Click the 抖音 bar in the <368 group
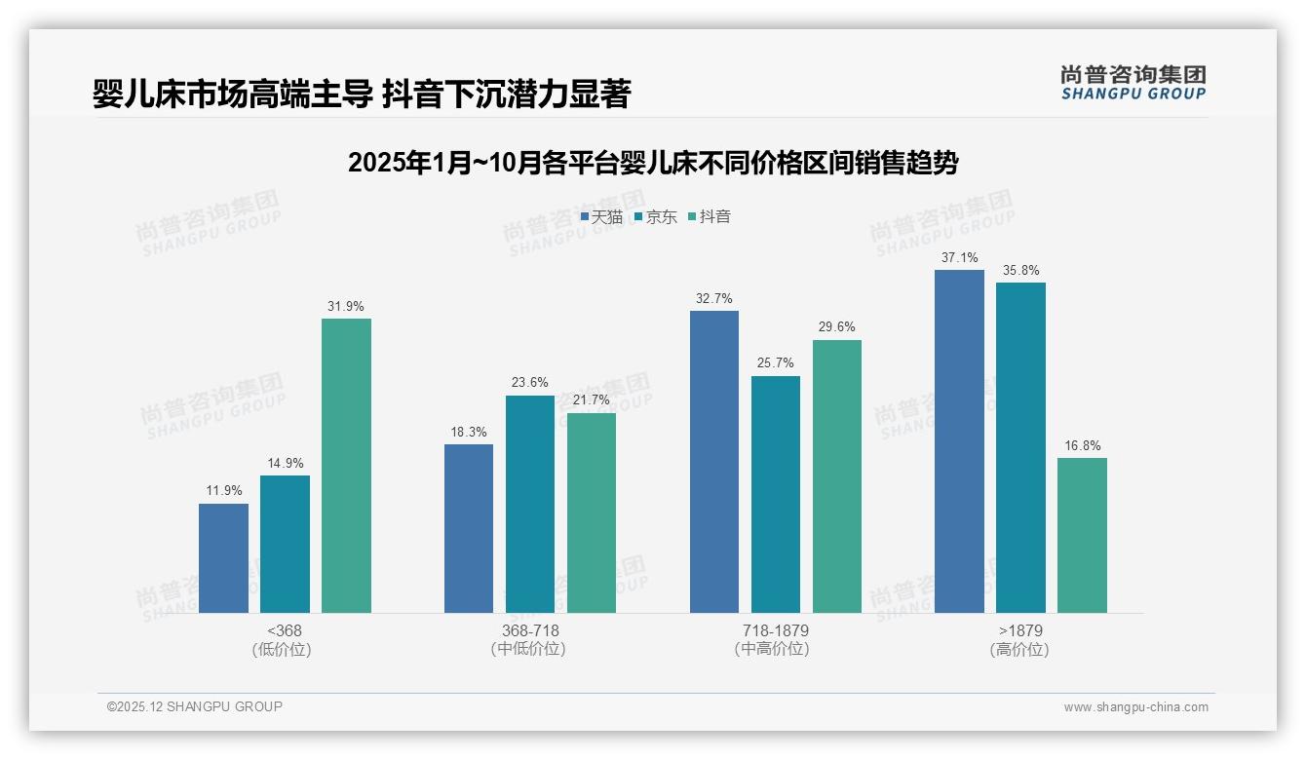click(346, 466)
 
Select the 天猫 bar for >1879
click(959, 441)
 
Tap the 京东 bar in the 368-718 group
click(529, 504)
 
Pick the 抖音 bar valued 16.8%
click(1082, 535)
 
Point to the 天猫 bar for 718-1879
click(713, 462)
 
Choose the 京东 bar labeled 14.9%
click(285, 544)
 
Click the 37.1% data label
click(959, 258)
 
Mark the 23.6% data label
click(529, 383)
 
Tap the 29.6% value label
click(836, 327)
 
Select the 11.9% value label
click(223, 491)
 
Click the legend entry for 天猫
click(601, 216)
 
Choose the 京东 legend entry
click(655, 216)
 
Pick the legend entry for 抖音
click(710, 216)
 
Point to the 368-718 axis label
click(529, 630)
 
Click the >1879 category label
click(1020, 630)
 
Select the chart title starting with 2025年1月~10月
click(652, 163)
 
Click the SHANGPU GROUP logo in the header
click(1133, 83)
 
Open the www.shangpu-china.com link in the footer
click(1135, 707)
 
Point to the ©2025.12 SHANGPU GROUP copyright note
click(194, 706)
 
